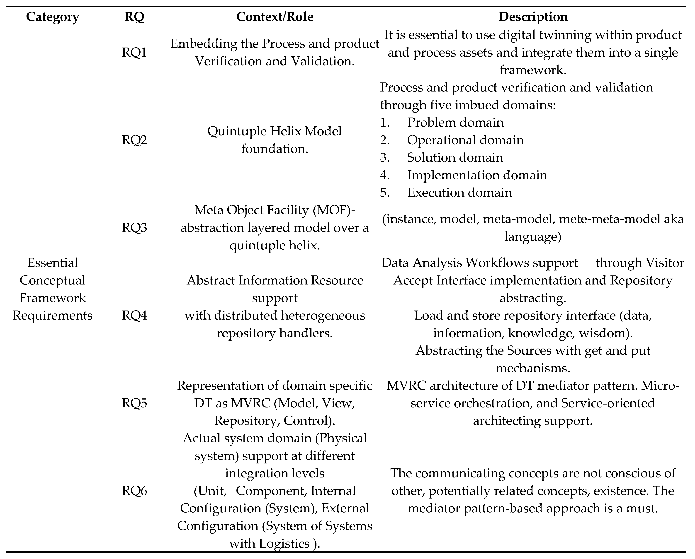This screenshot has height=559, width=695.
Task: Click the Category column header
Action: (53, 17)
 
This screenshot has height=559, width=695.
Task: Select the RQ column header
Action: (134, 17)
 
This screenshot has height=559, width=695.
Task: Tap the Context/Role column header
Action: (275, 17)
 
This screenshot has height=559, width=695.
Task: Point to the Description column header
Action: (533, 17)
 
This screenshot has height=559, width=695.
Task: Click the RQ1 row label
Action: (134, 52)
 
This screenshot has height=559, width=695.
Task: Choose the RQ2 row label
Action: (134, 140)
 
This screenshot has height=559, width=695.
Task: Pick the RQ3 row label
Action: (134, 227)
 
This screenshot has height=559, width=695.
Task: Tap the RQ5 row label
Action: (134, 403)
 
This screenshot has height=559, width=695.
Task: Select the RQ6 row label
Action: (134, 491)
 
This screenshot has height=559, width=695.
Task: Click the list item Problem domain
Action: (455, 122)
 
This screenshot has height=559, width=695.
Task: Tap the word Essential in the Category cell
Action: (53, 263)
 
